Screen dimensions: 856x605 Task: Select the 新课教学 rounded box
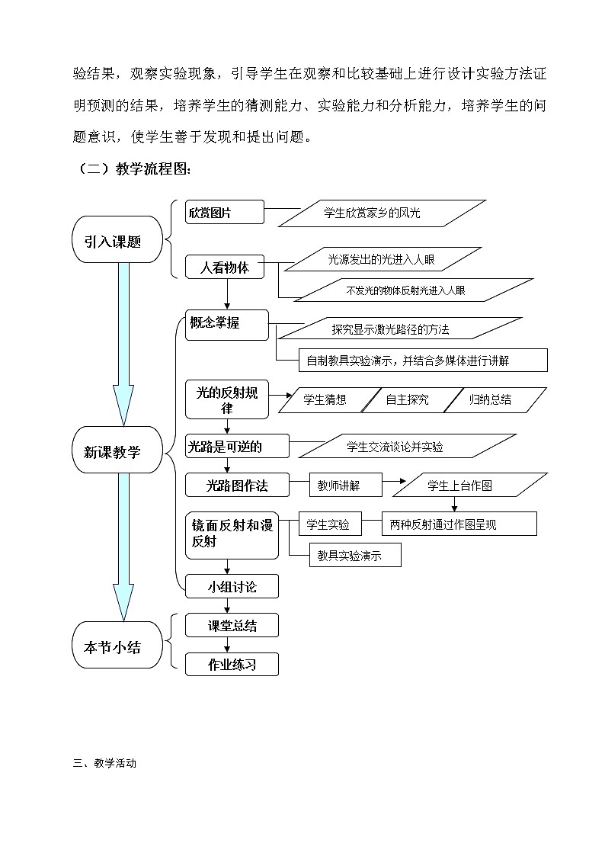point(117,452)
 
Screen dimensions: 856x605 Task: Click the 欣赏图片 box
point(225,213)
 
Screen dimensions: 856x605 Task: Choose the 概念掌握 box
point(227,325)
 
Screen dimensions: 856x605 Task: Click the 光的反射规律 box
point(227,399)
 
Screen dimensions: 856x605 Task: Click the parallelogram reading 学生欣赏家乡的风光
point(382,213)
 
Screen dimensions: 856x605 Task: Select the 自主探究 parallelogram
point(408,399)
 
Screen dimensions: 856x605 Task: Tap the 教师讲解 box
point(345,485)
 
